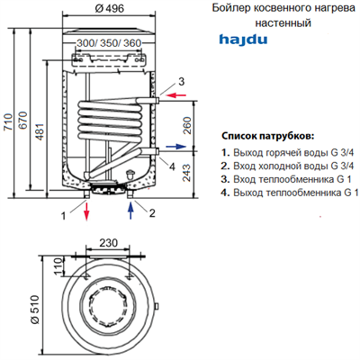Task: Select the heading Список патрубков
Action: [267, 135]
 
